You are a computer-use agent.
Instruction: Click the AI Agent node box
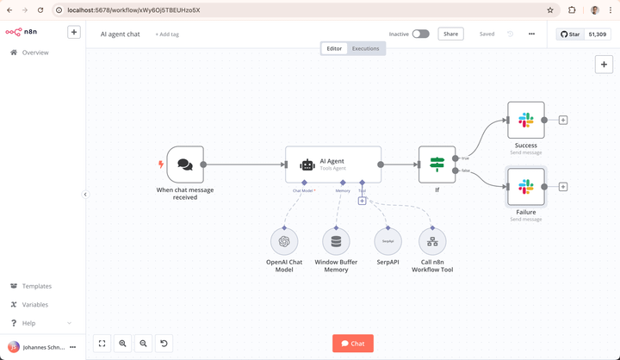332,164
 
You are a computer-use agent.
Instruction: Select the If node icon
437,164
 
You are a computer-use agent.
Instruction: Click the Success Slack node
525,120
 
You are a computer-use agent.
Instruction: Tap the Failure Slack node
525,186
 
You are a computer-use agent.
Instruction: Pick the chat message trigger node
184,164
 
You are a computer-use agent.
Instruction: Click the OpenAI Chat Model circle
284,241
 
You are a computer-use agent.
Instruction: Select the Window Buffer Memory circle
336,241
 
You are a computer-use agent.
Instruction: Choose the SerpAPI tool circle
388,241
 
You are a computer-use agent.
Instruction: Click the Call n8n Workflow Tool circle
431,241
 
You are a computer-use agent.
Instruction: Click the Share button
450,34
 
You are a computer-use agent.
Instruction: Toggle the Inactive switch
420,34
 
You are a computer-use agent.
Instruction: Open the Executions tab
365,48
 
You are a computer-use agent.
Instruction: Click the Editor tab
334,48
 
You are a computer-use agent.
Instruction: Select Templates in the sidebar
36,286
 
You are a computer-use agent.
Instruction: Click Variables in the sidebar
35,304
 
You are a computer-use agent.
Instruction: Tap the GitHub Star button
571,34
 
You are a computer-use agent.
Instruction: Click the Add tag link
167,34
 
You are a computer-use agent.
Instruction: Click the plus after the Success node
563,120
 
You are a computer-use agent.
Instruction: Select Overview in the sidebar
34,53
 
